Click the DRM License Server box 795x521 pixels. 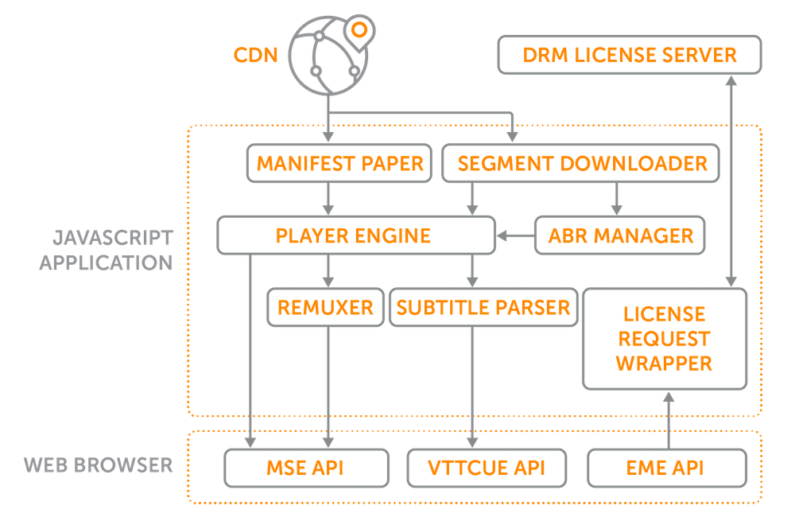point(630,55)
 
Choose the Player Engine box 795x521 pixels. point(355,235)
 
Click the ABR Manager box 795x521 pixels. point(620,235)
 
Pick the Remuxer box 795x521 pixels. point(325,307)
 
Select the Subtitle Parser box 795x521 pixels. point(483,307)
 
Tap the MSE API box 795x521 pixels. point(306,467)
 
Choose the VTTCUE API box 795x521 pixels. point(488,467)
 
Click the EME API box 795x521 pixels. point(669,467)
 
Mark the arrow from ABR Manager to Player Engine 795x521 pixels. point(515,235)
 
